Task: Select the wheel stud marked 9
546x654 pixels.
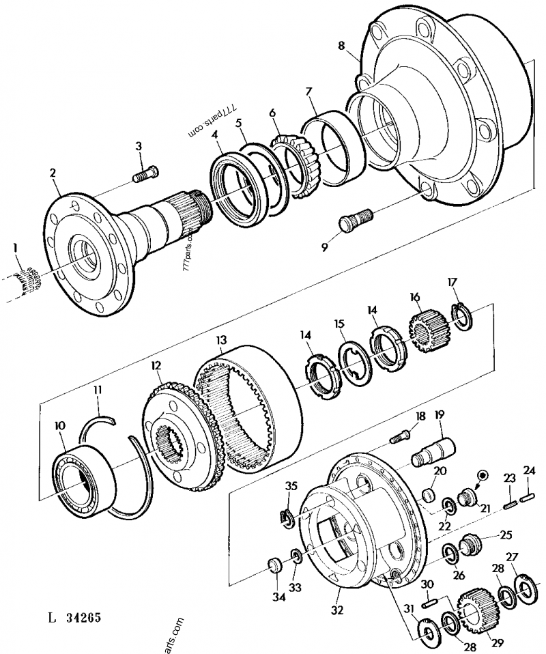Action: click(x=353, y=219)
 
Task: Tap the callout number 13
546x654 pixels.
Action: click(x=220, y=341)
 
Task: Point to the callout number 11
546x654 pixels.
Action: click(x=98, y=389)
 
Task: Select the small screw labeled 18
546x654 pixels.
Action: click(x=401, y=435)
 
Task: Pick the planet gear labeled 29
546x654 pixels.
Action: click(x=476, y=612)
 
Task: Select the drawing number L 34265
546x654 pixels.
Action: click(x=75, y=620)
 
